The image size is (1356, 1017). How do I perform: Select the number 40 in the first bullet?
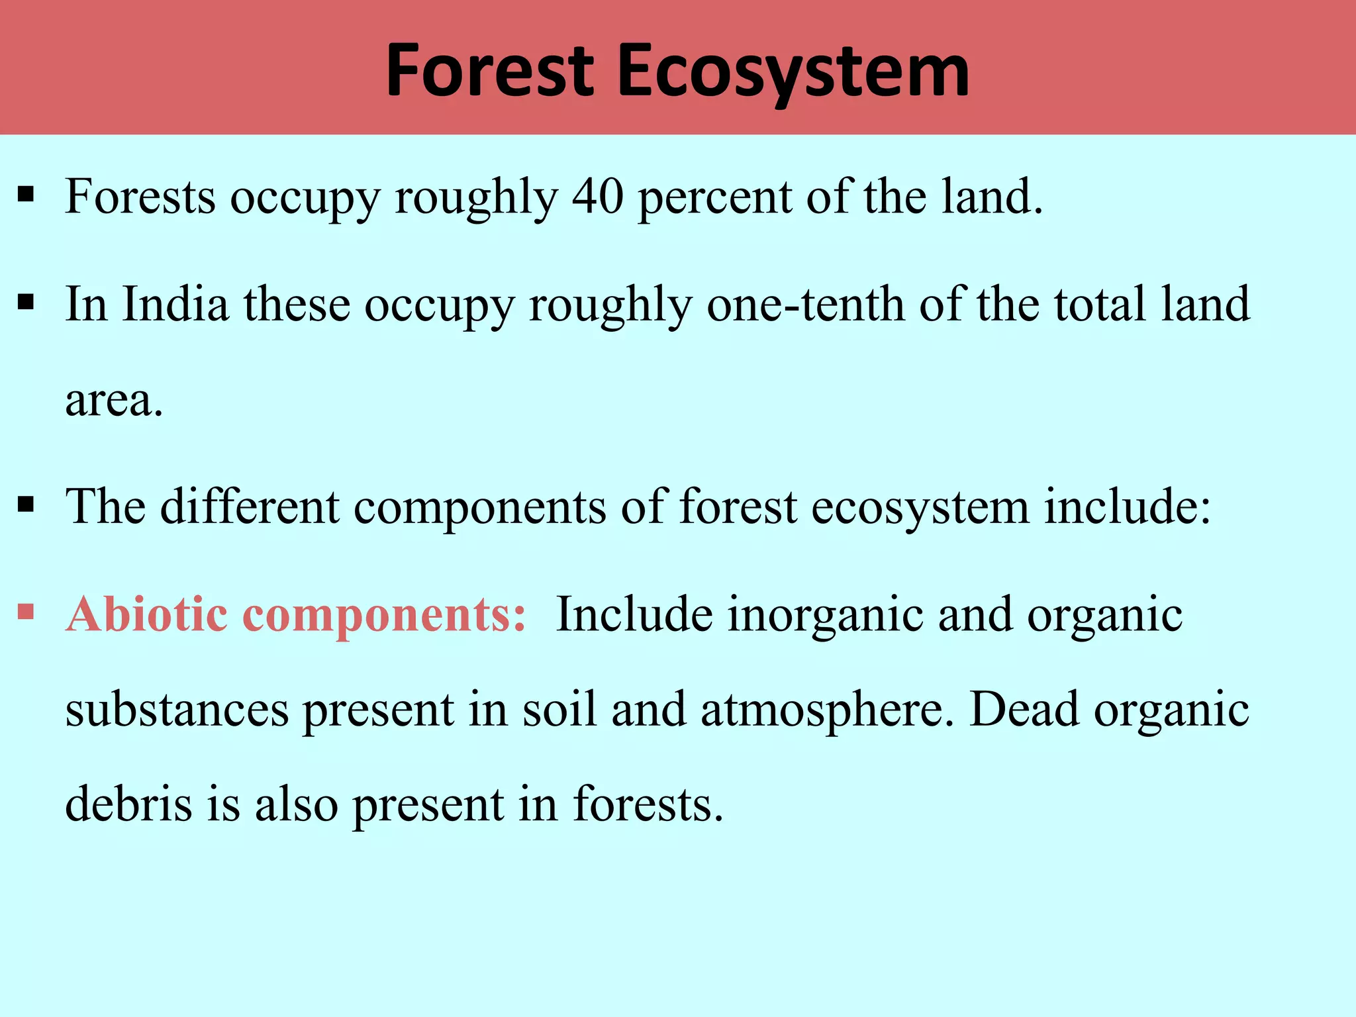tap(597, 197)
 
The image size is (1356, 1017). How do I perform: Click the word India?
tap(175, 304)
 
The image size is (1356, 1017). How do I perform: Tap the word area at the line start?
tap(113, 401)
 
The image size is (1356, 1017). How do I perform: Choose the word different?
tap(250, 507)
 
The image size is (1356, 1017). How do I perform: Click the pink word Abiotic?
tap(147, 614)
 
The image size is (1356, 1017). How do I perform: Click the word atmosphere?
tap(827, 710)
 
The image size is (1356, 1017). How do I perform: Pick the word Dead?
tap(1024, 709)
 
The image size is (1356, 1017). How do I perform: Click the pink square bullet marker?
tap(26, 610)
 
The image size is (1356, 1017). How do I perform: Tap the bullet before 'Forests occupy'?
tap(26, 195)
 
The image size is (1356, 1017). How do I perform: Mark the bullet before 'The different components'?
tap(26, 505)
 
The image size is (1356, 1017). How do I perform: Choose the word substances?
tap(177, 710)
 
